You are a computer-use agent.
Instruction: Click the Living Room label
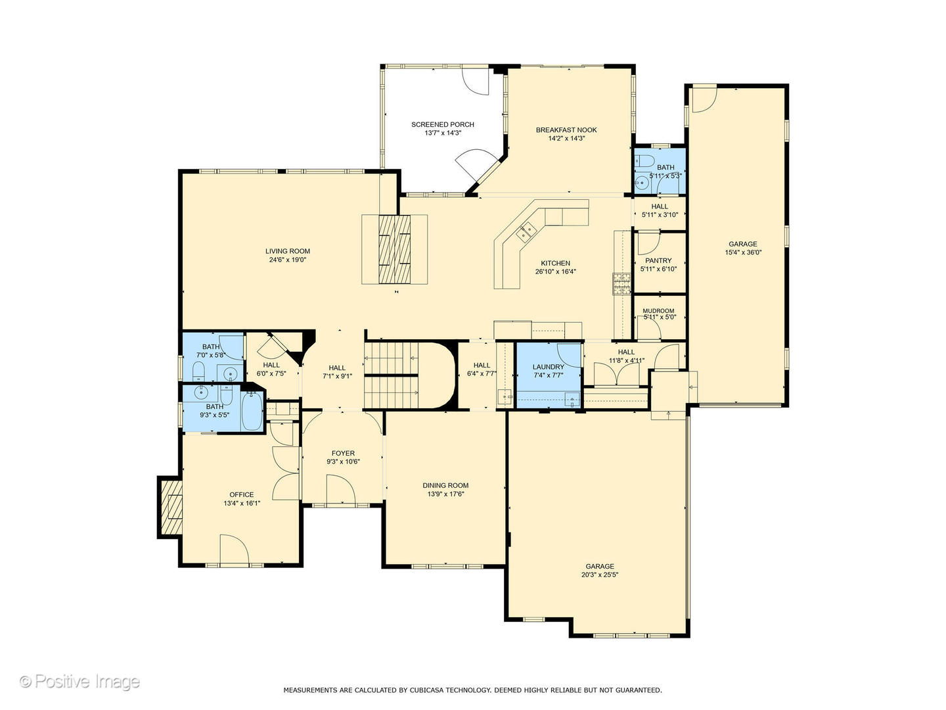pos(288,251)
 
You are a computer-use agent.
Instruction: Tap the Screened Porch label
pos(443,125)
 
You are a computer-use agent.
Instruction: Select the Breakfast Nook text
pos(566,130)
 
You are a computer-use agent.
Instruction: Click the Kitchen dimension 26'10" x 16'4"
pos(556,272)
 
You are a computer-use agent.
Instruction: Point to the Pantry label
pos(658,260)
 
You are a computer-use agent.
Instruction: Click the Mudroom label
pos(658,311)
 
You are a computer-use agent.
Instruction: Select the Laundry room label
pos(548,367)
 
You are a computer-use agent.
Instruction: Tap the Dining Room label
pos(445,485)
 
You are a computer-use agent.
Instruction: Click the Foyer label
pos(343,453)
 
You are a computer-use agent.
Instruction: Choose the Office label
pos(241,494)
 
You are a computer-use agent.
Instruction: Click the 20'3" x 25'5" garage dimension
pos(600,575)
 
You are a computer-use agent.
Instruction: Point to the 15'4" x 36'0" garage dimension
pos(743,252)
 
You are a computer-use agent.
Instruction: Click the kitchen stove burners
pos(622,283)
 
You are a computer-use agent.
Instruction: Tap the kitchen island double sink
pos(526,231)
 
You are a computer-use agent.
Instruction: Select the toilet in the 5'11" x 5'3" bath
pos(644,161)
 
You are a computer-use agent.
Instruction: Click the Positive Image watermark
pos(79,681)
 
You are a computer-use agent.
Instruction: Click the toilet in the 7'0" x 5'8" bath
pos(198,371)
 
